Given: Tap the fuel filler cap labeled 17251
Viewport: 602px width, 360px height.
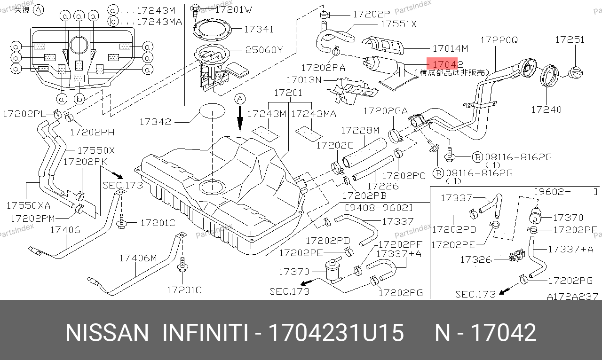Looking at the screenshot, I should coord(575,73).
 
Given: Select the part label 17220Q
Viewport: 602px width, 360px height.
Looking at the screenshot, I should coord(499,40).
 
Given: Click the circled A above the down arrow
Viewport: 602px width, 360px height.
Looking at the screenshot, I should coord(240,99).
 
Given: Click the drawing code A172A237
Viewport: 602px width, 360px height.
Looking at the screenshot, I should coord(572,297).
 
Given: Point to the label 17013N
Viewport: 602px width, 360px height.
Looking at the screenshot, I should coord(304,80).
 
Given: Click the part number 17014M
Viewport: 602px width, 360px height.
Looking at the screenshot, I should coord(450,48).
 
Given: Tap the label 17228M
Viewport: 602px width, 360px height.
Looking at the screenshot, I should coord(360,130).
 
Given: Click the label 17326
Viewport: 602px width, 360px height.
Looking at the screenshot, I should coord(475,259).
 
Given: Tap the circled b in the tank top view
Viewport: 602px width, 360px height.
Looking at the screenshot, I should coord(80,99).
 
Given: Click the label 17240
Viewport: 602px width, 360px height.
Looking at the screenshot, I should coord(546,110).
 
